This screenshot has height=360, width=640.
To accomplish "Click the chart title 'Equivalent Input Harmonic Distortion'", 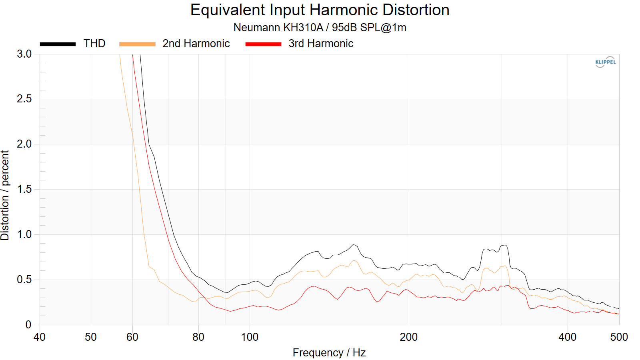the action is (320, 10).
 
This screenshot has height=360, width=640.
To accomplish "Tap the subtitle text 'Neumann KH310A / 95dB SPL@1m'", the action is (320, 28).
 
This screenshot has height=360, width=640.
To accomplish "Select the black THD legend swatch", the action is (58, 44).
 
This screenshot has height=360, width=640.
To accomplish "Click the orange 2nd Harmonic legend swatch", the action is (137, 44).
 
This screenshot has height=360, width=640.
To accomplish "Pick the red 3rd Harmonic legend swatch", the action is (264, 44).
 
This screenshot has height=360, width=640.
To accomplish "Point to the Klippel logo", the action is (606, 62).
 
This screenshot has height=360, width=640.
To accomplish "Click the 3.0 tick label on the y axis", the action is (24, 54).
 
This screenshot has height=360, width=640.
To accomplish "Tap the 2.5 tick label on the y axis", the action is (24, 99).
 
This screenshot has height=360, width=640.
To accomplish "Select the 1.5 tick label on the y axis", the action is (24, 189).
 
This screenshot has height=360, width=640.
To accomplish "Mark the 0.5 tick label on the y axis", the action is (24, 280).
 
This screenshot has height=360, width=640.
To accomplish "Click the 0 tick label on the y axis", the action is (28, 324).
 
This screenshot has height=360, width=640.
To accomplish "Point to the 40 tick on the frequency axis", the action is (40, 337).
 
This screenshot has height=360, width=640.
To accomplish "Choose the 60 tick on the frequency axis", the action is (132, 337).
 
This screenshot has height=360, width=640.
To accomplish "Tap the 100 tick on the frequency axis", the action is (250, 337).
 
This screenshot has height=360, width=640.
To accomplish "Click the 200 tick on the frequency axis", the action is (408, 337).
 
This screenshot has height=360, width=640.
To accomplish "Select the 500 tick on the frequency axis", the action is (619, 337).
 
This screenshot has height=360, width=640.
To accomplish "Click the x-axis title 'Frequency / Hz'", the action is (329, 353).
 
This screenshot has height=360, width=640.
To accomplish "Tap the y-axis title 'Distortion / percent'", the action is (5, 196).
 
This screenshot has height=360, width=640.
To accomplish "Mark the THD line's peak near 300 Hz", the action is (505, 245).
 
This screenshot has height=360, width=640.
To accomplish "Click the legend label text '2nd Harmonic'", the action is (196, 44).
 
